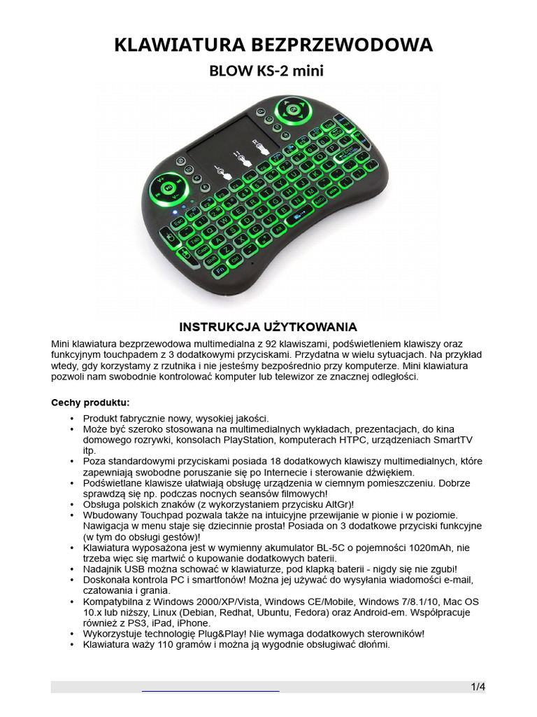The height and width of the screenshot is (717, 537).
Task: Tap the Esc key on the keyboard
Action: tap(178, 221)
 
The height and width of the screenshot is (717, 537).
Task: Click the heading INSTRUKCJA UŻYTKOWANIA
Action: tap(268, 327)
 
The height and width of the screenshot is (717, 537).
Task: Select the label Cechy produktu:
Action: tap(90, 403)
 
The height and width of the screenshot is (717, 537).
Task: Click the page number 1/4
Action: tap(478, 687)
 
